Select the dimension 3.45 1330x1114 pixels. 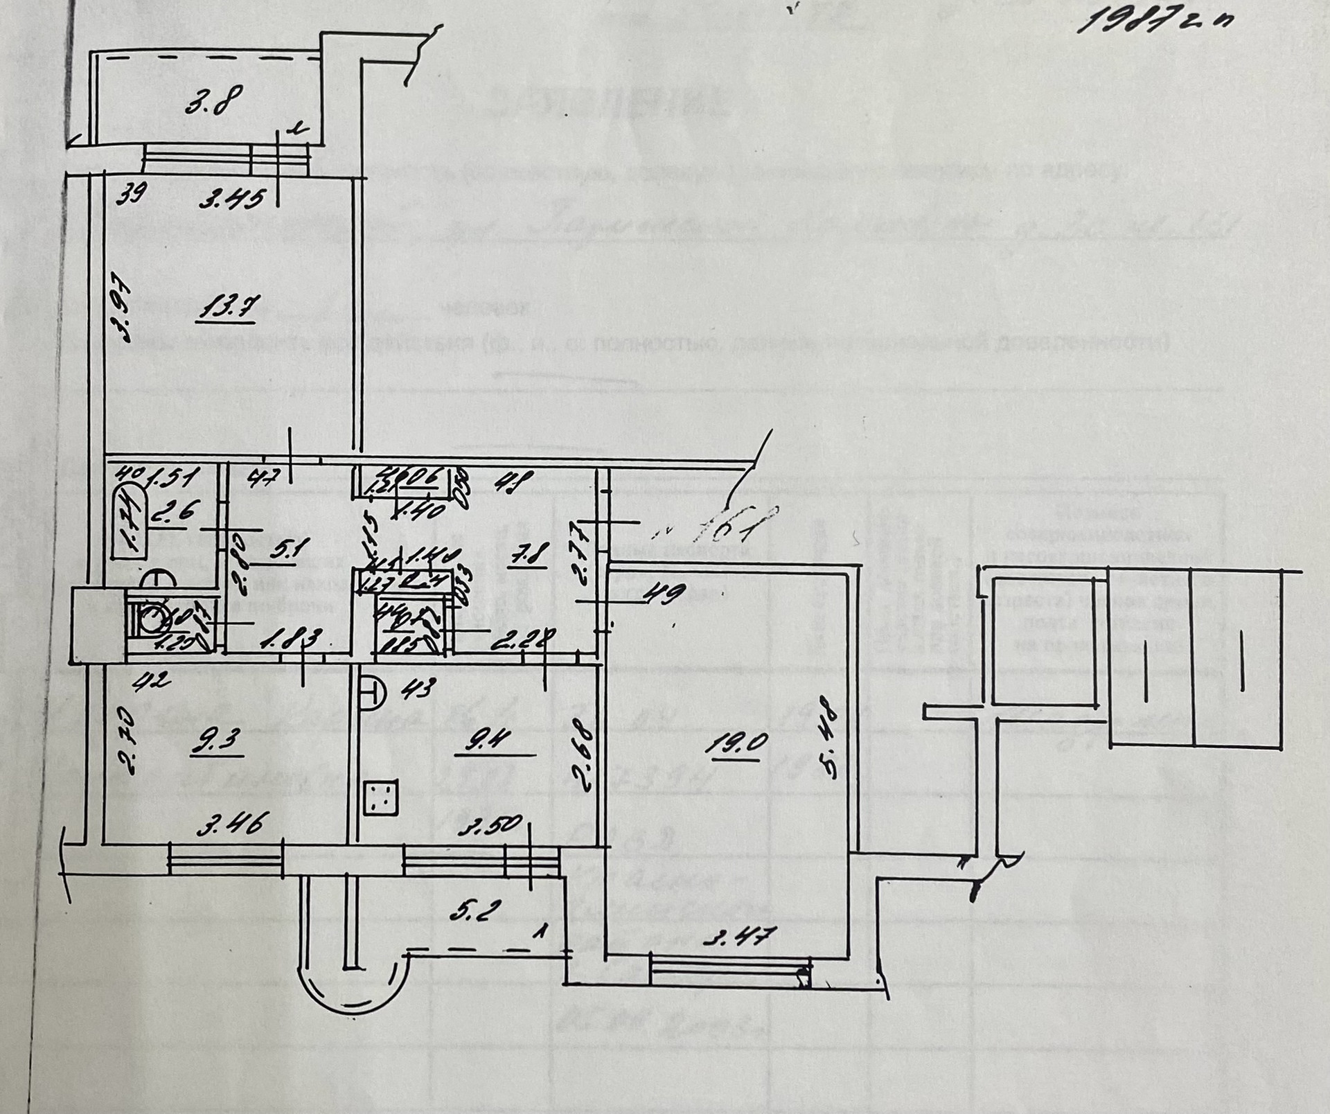pos(231,201)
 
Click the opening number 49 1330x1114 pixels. pos(667,594)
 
